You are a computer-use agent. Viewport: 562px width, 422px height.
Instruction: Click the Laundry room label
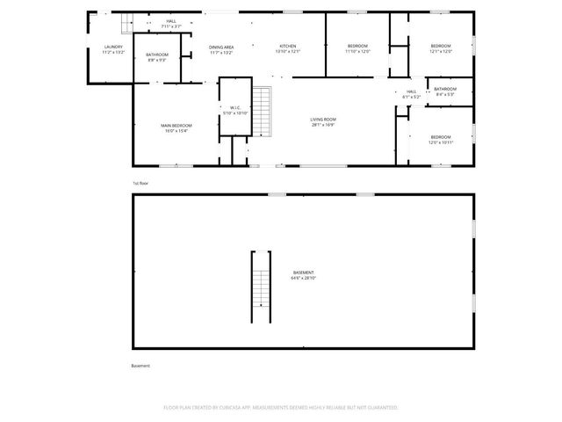click(113, 49)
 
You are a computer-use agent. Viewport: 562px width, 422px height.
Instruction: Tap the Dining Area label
click(221, 49)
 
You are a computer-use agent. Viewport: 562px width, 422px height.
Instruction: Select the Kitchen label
click(288, 48)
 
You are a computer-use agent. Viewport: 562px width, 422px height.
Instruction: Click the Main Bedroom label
click(177, 128)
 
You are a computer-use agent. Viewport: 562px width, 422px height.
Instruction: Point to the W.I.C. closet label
click(235, 110)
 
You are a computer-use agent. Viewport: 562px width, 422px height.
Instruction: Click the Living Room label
click(323, 121)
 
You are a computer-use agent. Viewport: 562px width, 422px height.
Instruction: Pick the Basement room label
click(304, 275)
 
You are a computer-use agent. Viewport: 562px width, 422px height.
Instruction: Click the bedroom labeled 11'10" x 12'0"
click(357, 48)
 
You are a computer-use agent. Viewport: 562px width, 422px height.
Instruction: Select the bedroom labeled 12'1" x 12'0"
click(440, 48)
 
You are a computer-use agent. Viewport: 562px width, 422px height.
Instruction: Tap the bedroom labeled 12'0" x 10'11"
click(440, 139)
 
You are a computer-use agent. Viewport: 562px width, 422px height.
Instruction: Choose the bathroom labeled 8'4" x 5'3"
click(445, 91)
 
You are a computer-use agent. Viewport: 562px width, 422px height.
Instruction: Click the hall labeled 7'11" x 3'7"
click(170, 23)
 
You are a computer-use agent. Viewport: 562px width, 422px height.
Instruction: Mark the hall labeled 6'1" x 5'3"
click(411, 93)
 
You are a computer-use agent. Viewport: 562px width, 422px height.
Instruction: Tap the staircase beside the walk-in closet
click(262, 111)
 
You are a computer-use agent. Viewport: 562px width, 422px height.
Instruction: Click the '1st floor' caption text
click(140, 183)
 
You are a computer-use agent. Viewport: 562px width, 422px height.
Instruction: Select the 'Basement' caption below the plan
click(141, 365)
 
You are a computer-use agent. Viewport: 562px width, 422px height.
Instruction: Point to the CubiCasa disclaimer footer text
click(281, 408)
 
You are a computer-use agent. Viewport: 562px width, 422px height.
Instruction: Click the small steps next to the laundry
click(126, 25)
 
